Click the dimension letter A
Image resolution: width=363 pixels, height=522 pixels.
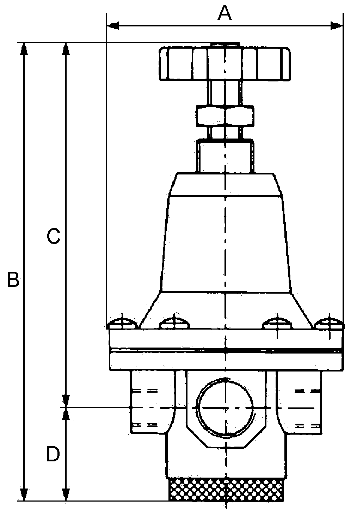click(x=224, y=14)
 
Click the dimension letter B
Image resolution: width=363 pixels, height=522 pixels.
click(x=13, y=280)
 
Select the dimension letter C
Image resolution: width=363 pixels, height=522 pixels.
click(x=54, y=237)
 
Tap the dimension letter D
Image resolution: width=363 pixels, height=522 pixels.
click(x=53, y=454)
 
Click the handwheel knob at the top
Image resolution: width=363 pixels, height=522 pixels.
click(x=225, y=63)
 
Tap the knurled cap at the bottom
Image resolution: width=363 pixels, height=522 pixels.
click(x=226, y=490)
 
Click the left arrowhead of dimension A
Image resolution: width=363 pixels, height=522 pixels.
click(x=113, y=25)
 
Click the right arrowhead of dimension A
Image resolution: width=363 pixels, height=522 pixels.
click(x=337, y=25)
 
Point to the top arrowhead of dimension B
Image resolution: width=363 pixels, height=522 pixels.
click(x=24, y=49)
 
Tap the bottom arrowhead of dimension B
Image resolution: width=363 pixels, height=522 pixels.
click(x=24, y=495)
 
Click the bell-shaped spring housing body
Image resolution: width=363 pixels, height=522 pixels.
click(x=226, y=243)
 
